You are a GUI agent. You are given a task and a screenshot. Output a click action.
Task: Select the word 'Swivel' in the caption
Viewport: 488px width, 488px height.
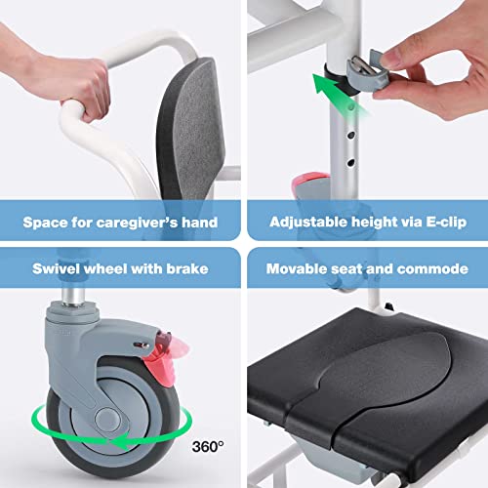click(58, 266)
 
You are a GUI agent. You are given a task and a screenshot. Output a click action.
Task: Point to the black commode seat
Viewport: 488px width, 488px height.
click(371, 390)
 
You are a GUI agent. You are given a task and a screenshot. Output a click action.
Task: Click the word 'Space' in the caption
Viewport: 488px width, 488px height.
click(47, 222)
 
